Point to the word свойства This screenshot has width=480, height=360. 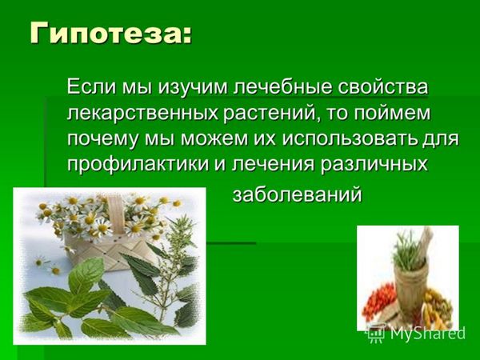382,86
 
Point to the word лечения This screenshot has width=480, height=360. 273,165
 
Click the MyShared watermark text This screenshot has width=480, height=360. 428,333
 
